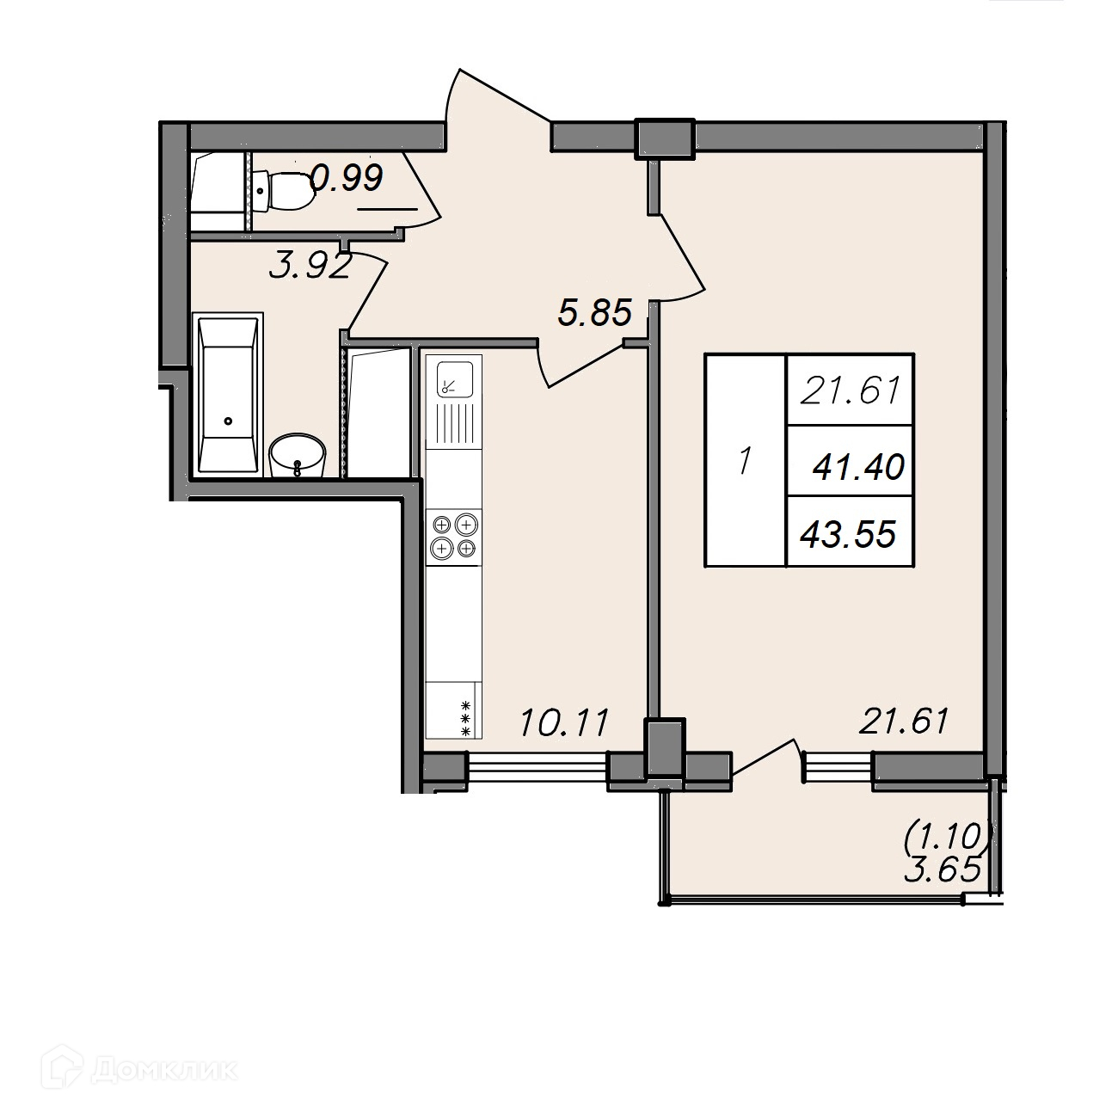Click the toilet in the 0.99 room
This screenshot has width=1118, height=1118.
[x=284, y=191]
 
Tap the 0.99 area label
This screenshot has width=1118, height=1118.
[x=347, y=177]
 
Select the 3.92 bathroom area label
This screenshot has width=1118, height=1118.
[x=310, y=267]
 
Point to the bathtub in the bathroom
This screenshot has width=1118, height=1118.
[x=227, y=395]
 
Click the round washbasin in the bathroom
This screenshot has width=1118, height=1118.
[x=298, y=455]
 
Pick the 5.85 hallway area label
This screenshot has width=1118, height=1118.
[x=594, y=312]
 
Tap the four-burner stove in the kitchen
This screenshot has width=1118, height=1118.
[x=454, y=536]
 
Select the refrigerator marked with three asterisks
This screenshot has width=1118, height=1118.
[x=454, y=709]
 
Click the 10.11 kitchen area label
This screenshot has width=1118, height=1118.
[x=564, y=723]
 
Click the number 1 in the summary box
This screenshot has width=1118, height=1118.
[x=745, y=462]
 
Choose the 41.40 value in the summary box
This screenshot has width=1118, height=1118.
[x=858, y=467]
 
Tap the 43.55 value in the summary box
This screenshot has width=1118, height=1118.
[x=848, y=534]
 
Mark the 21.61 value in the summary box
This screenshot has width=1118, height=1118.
[x=850, y=390]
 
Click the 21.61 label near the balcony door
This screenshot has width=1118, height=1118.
[x=903, y=721]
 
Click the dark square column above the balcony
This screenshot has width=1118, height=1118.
[x=665, y=747]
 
